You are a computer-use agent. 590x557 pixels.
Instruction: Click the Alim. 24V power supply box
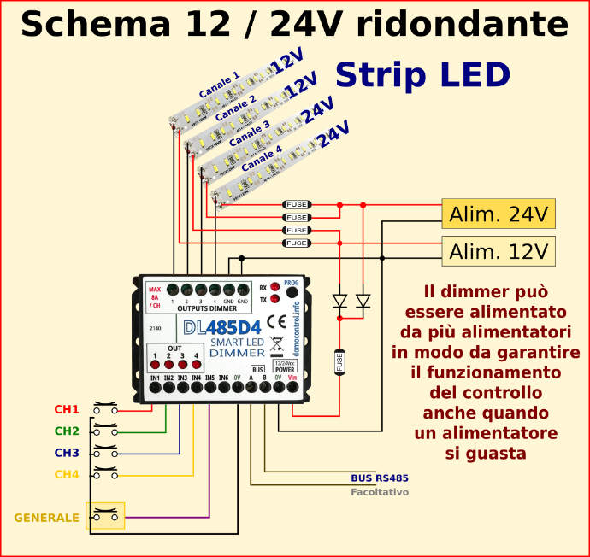click(x=499, y=214)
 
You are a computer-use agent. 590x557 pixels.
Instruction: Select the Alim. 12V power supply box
click(x=499, y=251)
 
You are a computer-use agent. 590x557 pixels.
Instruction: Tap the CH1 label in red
click(x=67, y=409)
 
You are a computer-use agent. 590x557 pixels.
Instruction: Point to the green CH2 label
click(x=67, y=431)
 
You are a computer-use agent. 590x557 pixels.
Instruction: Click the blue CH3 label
click(x=67, y=453)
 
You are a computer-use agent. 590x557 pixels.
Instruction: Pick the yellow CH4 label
click(x=67, y=475)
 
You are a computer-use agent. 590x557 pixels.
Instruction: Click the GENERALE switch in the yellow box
click(x=106, y=516)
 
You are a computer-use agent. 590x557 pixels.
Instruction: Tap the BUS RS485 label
click(x=380, y=479)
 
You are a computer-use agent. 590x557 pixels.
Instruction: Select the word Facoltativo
click(x=380, y=492)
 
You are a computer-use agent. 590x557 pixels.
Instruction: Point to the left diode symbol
click(x=339, y=301)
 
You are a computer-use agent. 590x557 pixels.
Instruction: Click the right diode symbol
click(x=363, y=301)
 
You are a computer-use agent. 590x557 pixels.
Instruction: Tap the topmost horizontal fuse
click(x=297, y=205)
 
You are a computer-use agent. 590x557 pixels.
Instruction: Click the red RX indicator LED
click(x=274, y=288)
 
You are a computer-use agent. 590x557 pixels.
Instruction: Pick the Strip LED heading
click(x=422, y=75)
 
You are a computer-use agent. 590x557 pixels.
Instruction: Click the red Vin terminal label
click(x=292, y=378)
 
